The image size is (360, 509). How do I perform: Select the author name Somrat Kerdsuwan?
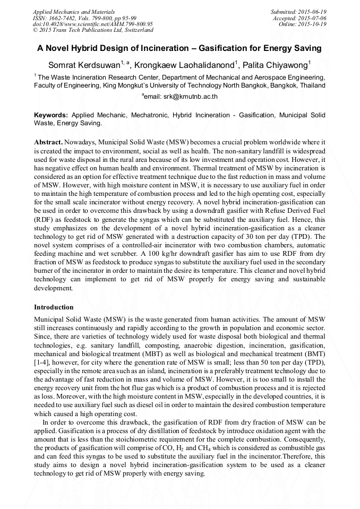pyautogui.click(x=85, y=65)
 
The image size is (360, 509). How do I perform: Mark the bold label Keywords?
pyautogui.click(x=51, y=115)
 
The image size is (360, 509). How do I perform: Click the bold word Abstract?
pyautogui.click(x=48, y=143)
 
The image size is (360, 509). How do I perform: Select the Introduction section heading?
pyautogui.click(x=54, y=307)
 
